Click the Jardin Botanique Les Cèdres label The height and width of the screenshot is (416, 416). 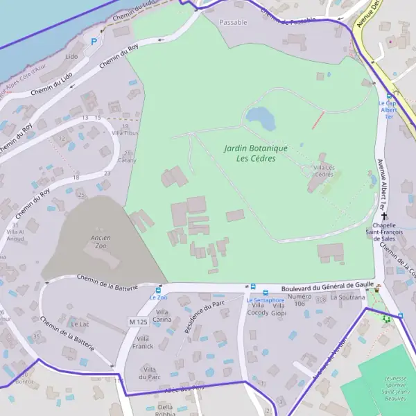coord(250,153)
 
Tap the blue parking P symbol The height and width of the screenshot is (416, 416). coord(94,42)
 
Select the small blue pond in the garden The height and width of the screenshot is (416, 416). coord(260,117)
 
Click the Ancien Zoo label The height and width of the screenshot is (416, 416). coord(101,241)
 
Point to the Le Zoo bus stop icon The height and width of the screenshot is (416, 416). coord(159,290)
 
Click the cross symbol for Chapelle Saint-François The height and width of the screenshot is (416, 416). coord(383,216)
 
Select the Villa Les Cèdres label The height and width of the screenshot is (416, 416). coord(324,171)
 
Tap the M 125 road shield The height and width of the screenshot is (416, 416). coord(139,321)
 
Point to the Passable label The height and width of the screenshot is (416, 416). coord(233,22)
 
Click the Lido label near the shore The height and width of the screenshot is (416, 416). coord(71,56)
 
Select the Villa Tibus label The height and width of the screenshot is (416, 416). coord(125,132)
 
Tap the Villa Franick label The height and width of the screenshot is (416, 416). coord(142,342)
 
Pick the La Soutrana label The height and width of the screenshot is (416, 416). coord(347,297)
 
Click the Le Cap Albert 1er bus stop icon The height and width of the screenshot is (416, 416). coord(389,96)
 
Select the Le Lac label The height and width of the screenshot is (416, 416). coord(80,324)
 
